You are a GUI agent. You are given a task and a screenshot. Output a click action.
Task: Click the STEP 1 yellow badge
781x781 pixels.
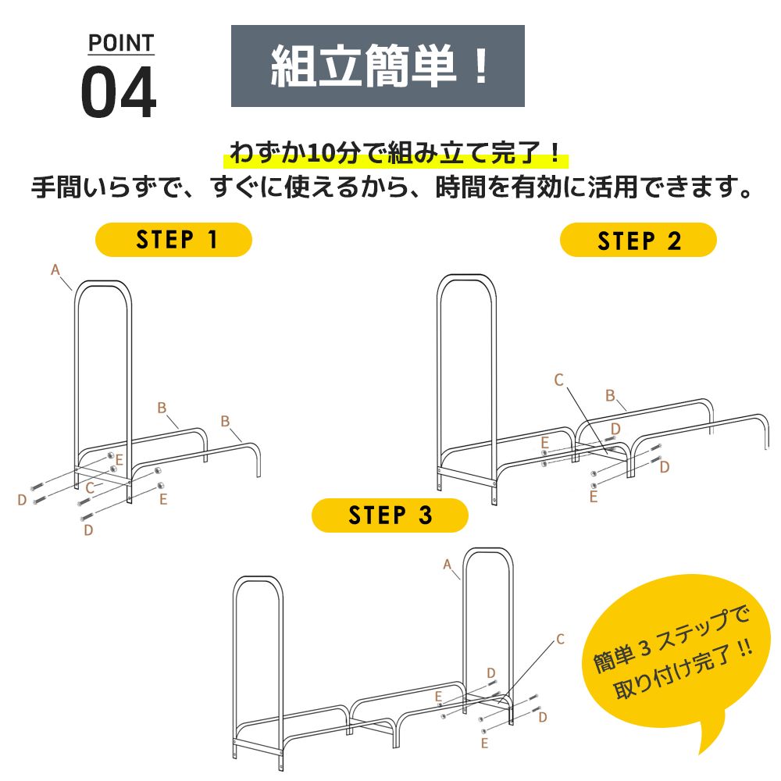point(173,239)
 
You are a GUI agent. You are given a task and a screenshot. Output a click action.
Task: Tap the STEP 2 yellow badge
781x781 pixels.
point(638,241)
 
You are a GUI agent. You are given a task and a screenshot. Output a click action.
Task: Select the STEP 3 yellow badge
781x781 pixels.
point(390,515)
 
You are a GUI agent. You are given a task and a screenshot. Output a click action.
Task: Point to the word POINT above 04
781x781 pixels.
point(120,43)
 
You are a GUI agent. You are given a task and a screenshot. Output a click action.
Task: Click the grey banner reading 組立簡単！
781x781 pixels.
point(377,66)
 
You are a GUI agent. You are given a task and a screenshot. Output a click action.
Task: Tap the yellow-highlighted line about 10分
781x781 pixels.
point(396,153)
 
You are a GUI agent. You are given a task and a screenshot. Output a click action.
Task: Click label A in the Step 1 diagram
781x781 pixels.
point(55,269)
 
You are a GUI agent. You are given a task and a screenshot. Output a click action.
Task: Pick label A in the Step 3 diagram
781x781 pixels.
point(448,564)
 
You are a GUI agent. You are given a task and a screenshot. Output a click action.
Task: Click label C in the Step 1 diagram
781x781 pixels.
point(90,487)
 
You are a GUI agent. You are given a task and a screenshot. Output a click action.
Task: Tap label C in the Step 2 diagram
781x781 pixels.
point(558,380)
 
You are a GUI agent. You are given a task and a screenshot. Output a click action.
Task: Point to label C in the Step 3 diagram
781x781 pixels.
point(559,639)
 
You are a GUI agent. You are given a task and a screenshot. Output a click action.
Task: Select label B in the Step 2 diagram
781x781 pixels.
point(610,395)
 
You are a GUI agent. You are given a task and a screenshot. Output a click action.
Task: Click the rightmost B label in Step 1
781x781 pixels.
point(225,421)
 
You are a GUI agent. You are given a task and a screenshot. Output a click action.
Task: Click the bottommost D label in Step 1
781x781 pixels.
point(88,530)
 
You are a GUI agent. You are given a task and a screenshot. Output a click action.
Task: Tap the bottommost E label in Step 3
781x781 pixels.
point(484,743)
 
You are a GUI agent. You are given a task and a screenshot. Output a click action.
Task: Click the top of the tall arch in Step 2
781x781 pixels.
point(466,277)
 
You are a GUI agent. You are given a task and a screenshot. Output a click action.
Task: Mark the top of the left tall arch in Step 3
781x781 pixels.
point(259,579)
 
